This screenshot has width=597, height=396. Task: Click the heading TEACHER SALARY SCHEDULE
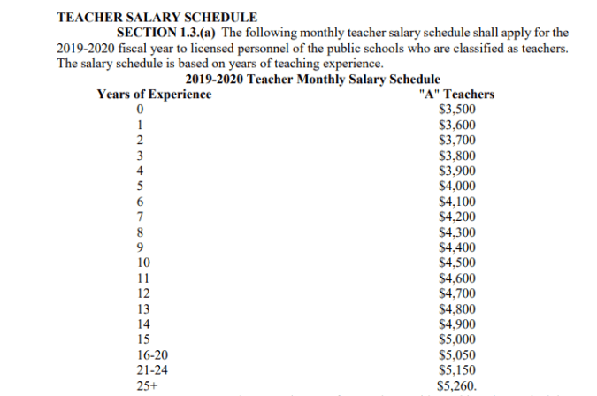click(x=157, y=17)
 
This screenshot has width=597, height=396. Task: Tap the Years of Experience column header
click(x=154, y=95)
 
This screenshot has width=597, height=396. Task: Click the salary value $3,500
click(x=457, y=110)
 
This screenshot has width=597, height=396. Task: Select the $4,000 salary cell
click(x=457, y=186)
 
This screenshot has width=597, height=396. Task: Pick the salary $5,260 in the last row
click(x=457, y=385)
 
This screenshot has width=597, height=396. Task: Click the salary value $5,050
click(x=457, y=355)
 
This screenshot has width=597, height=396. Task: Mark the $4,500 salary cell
click(x=457, y=263)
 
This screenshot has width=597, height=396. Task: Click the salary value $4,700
click(x=457, y=293)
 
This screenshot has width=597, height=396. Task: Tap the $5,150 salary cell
click(x=457, y=370)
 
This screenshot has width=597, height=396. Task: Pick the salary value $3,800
click(x=457, y=156)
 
